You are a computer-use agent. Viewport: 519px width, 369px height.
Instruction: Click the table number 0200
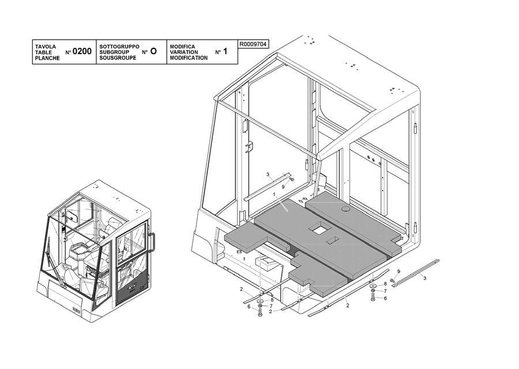(x=82, y=51)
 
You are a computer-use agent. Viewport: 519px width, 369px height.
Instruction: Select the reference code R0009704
(x=253, y=44)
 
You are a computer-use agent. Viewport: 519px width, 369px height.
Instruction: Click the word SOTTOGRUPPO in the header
(x=119, y=47)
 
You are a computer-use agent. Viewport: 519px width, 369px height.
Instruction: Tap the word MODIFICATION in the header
(x=189, y=58)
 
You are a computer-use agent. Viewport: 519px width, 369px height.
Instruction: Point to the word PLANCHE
(x=47, y=58)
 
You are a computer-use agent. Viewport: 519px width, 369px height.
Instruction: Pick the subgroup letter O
(x=153, y=51)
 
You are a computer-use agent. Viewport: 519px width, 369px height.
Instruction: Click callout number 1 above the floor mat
(x=274, y=194)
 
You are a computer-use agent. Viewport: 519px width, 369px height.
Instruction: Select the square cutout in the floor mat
(x=319, y=229)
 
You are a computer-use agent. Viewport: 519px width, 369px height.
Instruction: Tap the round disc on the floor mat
(x=346, y=209)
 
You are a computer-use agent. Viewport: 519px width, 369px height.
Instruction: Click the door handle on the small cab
(x=152, y=242)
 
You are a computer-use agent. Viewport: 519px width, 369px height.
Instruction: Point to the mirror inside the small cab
(x=72, y=216)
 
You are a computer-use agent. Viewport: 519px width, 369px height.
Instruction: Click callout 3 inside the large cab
(x=268, y=174)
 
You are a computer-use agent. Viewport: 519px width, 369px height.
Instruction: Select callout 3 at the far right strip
(x=424, y=278)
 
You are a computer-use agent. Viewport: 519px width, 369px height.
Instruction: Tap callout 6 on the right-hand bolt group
(x=385, y=298)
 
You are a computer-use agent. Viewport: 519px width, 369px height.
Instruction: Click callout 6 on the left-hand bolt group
(x=249, y=307)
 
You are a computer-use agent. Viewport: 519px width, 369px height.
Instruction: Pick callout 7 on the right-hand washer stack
(x=385, y=291)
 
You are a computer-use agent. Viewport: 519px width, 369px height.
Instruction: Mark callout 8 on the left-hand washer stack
(x=272, y=300)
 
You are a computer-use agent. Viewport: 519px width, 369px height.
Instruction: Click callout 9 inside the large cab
(x=283, y=187)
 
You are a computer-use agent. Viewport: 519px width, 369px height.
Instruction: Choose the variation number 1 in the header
(x=225, y=51)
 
